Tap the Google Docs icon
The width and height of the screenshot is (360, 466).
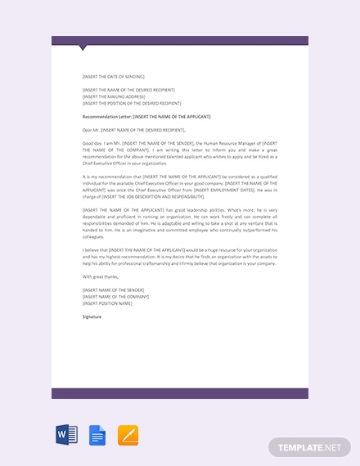(x=97, y=435)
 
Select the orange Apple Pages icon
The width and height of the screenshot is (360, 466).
(x=128, y=435)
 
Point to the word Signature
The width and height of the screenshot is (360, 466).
(x=92, y=316)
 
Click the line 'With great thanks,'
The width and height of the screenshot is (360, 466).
(x=100, y=276)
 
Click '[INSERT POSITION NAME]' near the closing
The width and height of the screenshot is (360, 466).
(x=107, y=302)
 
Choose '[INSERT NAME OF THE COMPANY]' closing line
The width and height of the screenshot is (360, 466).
(x=115, y=296)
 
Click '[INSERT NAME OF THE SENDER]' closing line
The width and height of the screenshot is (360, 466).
(x=113, y=289)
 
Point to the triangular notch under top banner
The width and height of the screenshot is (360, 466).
(x=83, y=48)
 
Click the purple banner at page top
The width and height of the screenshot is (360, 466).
(x=180, y=40)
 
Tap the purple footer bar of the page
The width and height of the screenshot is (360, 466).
(x=180, y=393)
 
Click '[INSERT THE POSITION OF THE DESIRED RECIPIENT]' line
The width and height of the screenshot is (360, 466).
(x=132, y=104)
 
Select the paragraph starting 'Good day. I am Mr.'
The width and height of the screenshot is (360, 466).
(x=180, y=152)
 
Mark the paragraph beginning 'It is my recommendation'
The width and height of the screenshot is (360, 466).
(x=180, y=186)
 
